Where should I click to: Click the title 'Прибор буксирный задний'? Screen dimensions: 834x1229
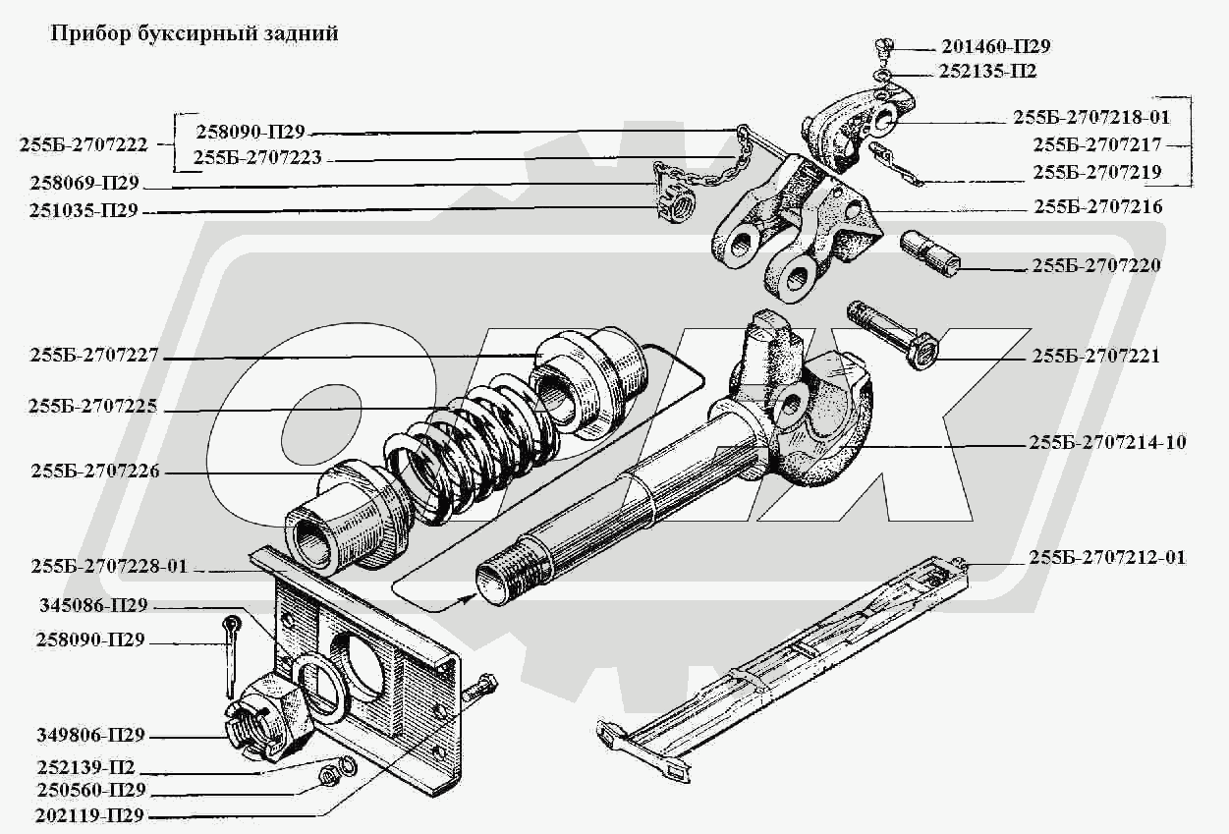click(x=195, y=33)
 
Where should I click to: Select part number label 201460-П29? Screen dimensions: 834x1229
click(x=996, y=46)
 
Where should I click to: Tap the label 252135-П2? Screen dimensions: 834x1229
click(x=988, y=71)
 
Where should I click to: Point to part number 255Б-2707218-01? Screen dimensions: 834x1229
click(x=1091, y=117)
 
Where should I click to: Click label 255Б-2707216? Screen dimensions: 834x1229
click(x=1098, y=207)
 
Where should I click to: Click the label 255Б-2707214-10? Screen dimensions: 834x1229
click(x=1108, y=443)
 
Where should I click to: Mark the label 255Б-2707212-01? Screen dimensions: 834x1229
click(x=1108, y=557)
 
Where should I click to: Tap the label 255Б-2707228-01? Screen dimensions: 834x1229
click(x=109, y=567)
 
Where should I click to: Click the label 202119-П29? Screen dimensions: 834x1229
click(x=91, y=815)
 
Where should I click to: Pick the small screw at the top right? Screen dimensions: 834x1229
click(x=884, y=46)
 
